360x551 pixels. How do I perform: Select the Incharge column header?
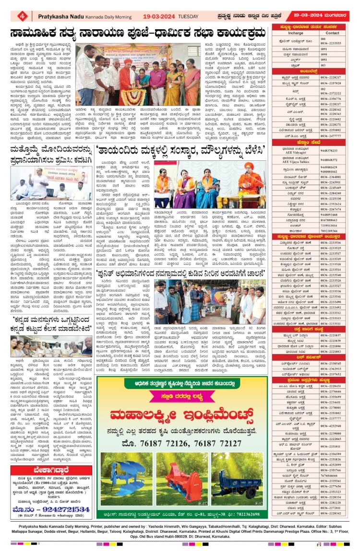[296, 33]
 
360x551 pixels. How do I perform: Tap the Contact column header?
[332, 33]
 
